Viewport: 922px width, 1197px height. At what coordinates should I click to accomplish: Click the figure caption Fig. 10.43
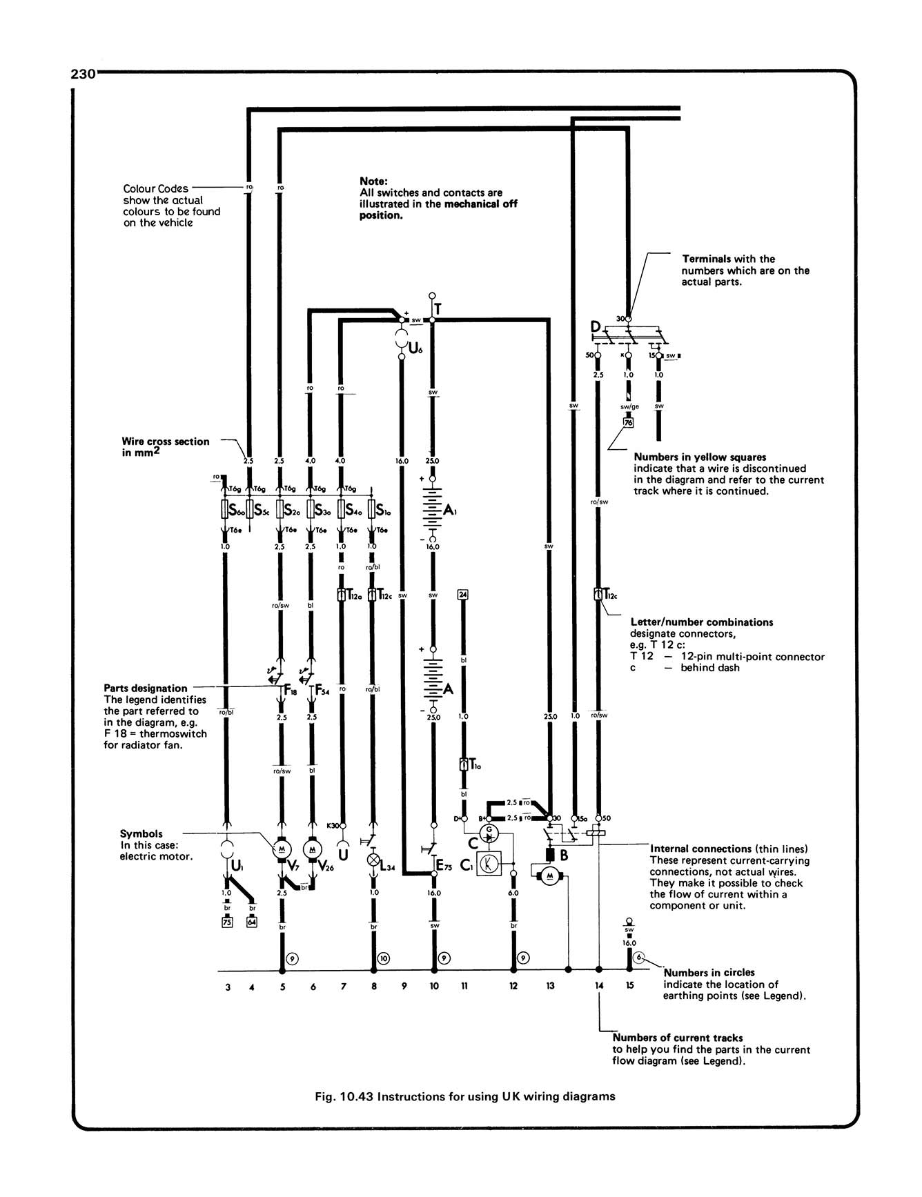pyautogui.click(x=462, y=1096)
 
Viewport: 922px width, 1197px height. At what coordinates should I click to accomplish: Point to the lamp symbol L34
pyautogui.click(x=373, y=860)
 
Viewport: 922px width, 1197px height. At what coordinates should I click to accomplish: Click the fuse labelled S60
pyautogui.click(x=225, y=511)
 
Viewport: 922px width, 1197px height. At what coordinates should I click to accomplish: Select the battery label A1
pyautogui.click(x=449, y=511)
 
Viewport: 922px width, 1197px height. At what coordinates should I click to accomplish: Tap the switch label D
pyautogui.click(x=596, y=326)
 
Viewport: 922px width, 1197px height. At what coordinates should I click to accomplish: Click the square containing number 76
pyautogui.click(x=628, y=423)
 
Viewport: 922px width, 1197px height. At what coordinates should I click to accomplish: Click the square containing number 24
pyautogui.click(x=463, y=594)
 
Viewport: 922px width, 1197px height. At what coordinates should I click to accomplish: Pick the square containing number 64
pyautogui.click(x=251, y=922)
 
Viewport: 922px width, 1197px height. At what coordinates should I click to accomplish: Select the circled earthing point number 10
pyautogui.click(x=384, y=958)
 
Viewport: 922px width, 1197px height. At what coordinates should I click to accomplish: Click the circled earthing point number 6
pyautogui.click(x=640, y=958)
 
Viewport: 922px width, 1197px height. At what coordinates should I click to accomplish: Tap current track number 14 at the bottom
pyautogui.click(x=599, y=986)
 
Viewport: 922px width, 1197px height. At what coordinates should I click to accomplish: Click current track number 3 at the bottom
pyautogui.click(x=228, y=987)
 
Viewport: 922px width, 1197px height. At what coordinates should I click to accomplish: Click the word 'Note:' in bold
pyautogui.click(x=374, y=181)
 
